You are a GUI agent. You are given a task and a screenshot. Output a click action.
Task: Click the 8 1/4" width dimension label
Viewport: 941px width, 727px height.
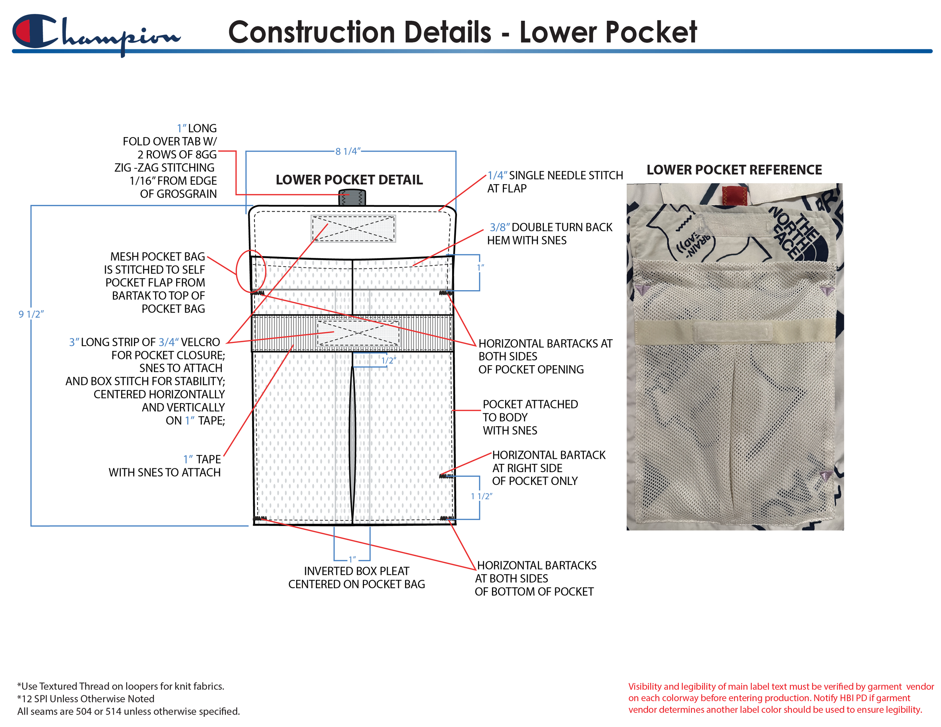(348, 151)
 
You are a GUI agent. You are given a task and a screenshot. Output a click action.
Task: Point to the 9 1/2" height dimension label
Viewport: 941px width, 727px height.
(31, 314)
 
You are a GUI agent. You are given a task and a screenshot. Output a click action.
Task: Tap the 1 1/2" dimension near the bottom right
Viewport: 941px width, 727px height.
(481, 497)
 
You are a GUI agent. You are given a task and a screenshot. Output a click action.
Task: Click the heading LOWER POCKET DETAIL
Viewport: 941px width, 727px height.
(349, 180)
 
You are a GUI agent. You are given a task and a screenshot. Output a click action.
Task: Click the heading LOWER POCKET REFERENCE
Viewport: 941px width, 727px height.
(734, 170)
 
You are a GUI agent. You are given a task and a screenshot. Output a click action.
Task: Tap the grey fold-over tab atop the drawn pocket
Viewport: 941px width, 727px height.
(352, 198)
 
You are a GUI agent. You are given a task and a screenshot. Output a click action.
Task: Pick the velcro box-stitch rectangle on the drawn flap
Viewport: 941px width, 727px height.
(353, 229)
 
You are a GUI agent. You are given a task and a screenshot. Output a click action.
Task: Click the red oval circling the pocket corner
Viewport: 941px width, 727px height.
(251, 271)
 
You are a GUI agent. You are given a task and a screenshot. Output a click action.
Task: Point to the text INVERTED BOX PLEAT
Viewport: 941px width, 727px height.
(356, 571)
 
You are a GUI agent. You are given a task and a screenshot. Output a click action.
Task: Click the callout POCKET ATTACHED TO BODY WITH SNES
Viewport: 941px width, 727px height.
(530, 417)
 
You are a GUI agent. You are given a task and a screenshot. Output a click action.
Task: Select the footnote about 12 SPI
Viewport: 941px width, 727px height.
(86, 698)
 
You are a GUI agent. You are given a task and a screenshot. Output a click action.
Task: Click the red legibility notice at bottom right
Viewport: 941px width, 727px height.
(780, 698)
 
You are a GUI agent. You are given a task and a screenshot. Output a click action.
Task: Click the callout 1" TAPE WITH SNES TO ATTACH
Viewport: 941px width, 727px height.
(164, 466)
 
